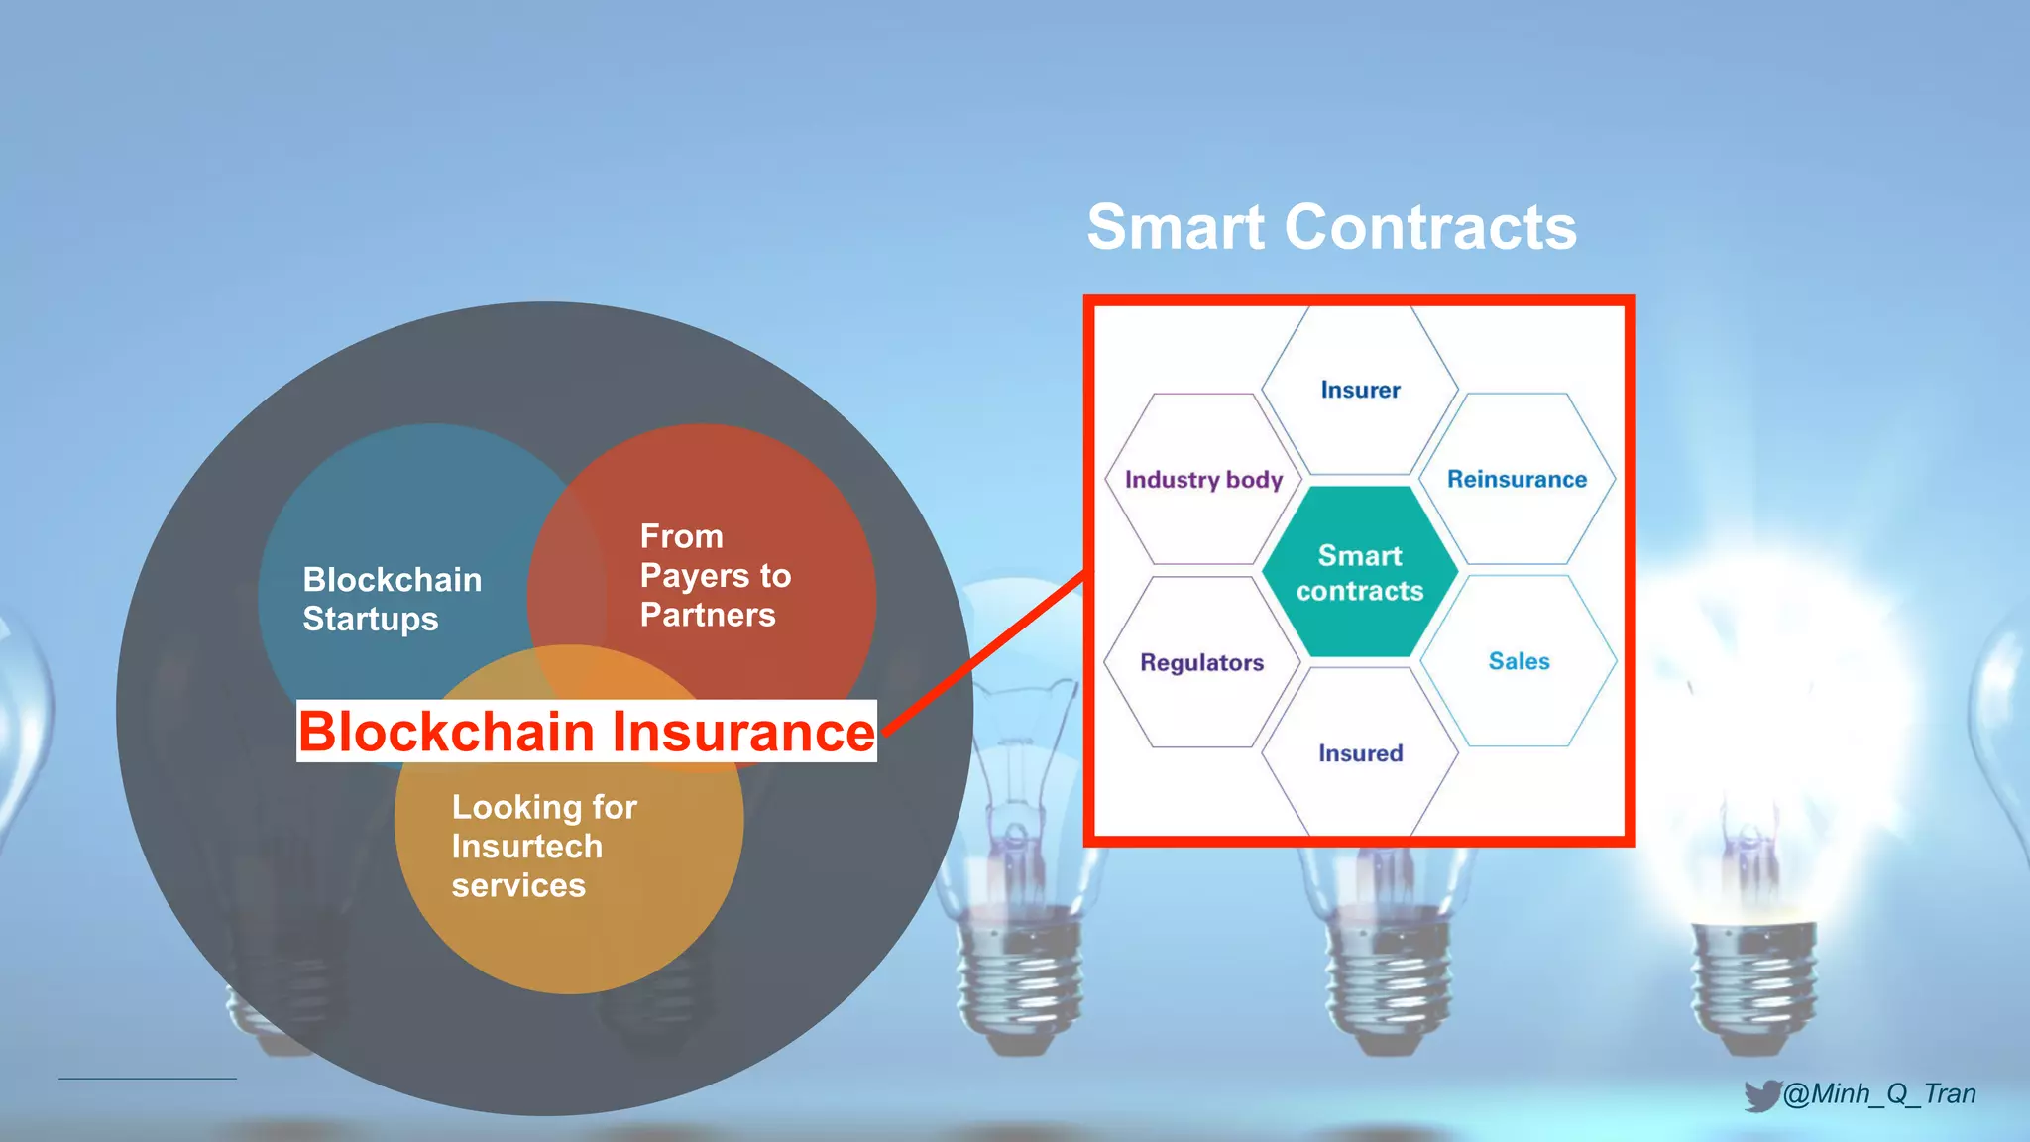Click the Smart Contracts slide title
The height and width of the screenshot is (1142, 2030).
point(1331,227)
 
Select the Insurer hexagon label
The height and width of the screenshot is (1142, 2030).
point(1360,390)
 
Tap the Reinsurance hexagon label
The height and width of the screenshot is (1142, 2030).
point(1517,480)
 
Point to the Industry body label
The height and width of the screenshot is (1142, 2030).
point(1203,480)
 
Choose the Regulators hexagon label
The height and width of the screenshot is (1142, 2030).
point(1201,662)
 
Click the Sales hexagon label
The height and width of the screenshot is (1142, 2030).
point(1519,661)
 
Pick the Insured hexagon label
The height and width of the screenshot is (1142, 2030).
point(1360,753)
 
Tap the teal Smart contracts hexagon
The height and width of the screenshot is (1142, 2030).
point(1359,573)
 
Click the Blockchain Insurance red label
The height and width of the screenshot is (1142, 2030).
point(586,732)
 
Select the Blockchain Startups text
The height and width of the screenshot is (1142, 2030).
point(392,599)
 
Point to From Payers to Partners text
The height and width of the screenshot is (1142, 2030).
point(715,576)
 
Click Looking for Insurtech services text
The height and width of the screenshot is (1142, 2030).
point(543,846)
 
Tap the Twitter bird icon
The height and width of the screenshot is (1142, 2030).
point(1761,1095)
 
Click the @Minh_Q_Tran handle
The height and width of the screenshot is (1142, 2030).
point(1879,1093)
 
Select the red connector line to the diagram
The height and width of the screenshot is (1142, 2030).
point(981,654)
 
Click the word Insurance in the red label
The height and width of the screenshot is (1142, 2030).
point(743,732)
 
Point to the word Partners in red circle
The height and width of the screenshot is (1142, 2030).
point(708,615)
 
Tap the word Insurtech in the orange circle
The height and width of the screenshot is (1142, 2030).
point(526,847)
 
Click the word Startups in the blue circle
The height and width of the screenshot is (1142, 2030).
point(370,619)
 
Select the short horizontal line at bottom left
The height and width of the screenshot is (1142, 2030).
point(148,1078)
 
